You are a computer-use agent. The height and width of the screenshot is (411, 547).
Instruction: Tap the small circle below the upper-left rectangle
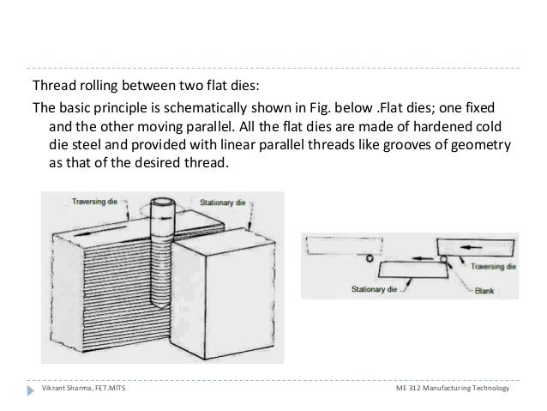click(x=369, y=257)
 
